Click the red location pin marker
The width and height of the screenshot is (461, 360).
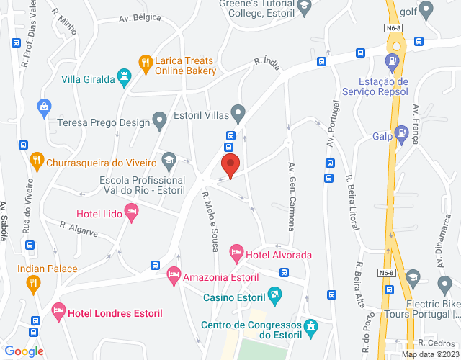pos(230,166)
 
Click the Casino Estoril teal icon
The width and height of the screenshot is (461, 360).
pos(274,295)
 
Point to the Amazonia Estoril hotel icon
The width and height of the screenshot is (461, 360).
pos(174,275)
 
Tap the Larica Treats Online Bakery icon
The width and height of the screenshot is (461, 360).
pos(145,63)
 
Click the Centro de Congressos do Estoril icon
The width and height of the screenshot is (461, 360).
pos(311,328)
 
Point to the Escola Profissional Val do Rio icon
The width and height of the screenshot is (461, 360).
pos(169,159)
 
